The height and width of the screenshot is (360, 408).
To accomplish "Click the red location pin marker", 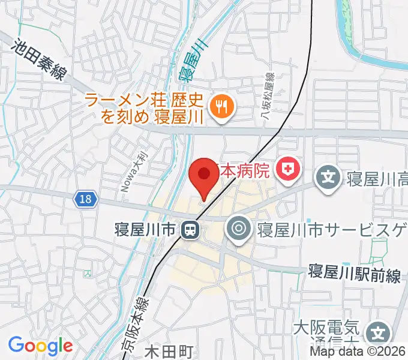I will (x=204, y=176).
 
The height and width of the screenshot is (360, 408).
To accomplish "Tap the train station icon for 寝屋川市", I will (x=191, y=229).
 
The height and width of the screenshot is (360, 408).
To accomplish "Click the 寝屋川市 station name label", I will (x=146, y=229).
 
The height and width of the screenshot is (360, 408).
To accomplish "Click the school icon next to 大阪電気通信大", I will (x=378, y=332).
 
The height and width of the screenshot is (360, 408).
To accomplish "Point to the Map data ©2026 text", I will (x=358, y=352).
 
